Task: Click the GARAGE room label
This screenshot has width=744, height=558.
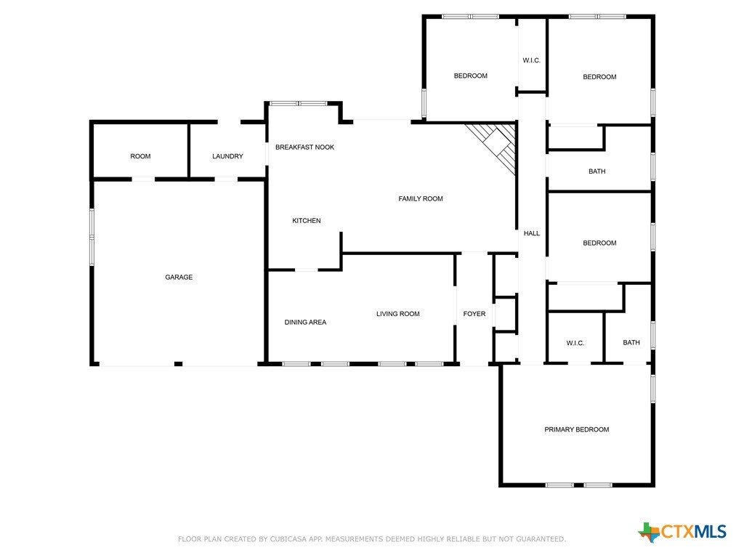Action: tap(179, 277)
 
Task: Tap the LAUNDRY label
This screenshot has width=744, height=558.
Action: tap(227, 156)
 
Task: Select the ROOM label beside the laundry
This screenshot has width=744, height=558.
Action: tap(140, 156)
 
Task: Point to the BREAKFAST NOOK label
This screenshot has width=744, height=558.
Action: tap(304, 147)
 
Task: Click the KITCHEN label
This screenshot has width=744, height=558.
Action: tap(307, 221)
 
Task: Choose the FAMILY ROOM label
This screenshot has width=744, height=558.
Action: tap(421, 199)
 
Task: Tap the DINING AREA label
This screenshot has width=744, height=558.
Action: tap(305, 322)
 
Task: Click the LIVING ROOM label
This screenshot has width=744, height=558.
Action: tap(397, 314)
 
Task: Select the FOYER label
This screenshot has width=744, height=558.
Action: tap(474, 314)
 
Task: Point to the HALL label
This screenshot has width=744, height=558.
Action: tap(531, 233)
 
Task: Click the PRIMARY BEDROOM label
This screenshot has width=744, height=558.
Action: tap(576, 429)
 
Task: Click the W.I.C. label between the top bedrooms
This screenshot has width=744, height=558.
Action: tap(531, 60)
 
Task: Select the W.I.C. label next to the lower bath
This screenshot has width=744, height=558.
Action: tap(575, 343)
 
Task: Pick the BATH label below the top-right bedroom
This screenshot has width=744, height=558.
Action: tap(597, 171)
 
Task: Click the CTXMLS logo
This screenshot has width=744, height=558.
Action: tap(682, 532)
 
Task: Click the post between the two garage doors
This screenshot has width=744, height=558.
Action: tap(179, 364)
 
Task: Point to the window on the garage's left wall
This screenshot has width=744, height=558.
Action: tap(92, 237)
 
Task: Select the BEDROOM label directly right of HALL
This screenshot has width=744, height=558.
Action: tap(599, 243)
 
